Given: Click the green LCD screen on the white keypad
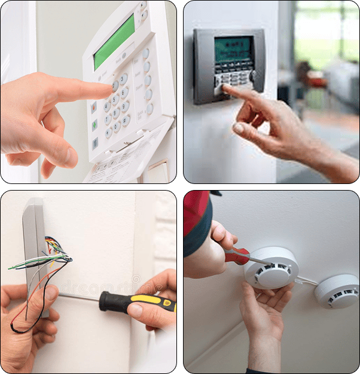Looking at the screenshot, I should click(x=114, y=41).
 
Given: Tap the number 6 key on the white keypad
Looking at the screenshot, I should click(x=125, y=92).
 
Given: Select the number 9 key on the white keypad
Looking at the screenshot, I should click(x=126, y=106).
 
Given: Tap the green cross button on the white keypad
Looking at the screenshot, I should click(x=94, y=125).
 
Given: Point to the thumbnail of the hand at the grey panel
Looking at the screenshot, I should click(x=239, y=128).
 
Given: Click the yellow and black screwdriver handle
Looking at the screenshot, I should click(x=139, y=302).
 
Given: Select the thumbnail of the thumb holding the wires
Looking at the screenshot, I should click(x=52, y=293).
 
